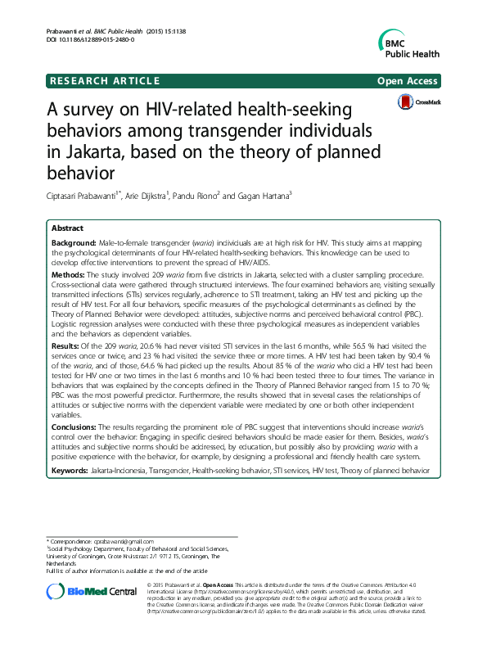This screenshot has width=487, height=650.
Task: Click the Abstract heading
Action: [x=67, y=228]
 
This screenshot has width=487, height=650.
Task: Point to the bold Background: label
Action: [x=74, y=244]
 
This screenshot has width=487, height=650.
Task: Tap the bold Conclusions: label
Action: [x=77, y=427]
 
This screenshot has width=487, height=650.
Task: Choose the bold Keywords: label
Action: [x=72, y=471]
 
